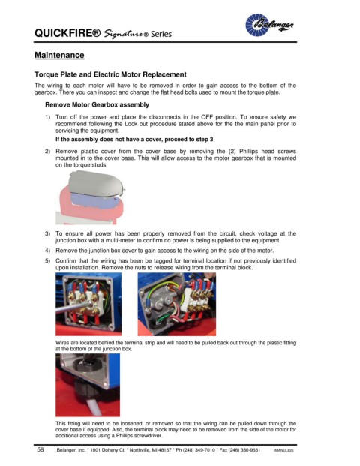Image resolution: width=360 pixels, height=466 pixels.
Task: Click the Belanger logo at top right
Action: tap(269, 25)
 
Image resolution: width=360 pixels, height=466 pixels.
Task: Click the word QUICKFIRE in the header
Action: tap(67, 33)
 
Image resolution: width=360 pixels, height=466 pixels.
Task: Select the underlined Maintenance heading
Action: tap(59, 55)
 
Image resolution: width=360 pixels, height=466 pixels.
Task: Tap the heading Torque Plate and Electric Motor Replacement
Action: tap(110, 74)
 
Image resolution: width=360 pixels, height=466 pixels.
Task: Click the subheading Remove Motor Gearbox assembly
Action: tap(97, 104)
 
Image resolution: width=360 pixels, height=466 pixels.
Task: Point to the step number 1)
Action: tap(48, 117)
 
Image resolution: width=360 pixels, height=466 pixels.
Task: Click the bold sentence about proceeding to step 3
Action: tap(134, 139)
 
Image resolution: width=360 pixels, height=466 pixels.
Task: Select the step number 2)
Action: tap(48, 152)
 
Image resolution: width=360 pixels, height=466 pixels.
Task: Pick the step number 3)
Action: tap(48, 233)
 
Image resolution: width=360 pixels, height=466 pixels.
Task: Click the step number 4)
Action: tap(48, 251)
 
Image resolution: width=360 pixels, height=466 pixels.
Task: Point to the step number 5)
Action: tap(48, 261)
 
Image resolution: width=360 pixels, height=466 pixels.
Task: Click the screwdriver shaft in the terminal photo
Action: tap(73, 308)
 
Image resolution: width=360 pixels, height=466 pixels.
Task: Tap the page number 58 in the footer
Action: tap(40, 449)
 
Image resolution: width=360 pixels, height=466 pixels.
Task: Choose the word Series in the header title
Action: tap(161, 34)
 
